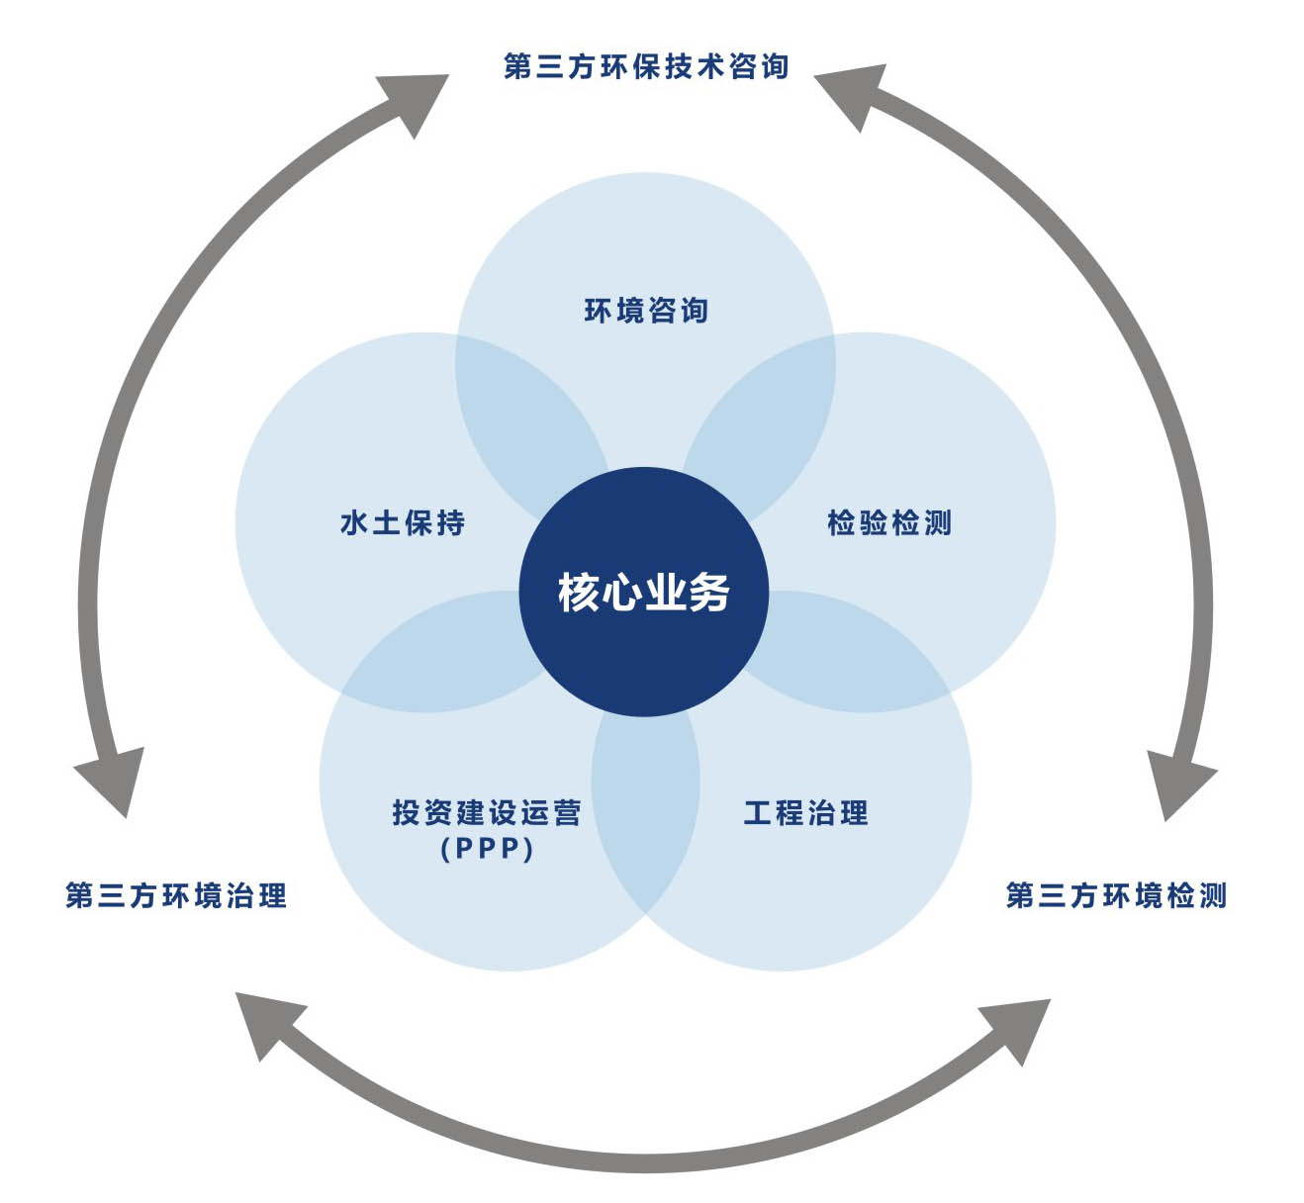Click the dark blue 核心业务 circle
(x=643, y=592)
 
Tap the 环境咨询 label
(x=645, y=311)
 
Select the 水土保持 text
(x=402, y=522)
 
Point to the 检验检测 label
(x=888, y=522)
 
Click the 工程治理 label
(x=805, y=813)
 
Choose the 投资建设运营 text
(x=486, y=813)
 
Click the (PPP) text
(x=487, y=849)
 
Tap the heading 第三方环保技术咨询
(x=645, y=66)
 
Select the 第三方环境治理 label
(x=176, y=895)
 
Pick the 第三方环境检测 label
(x=1116, y=895)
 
